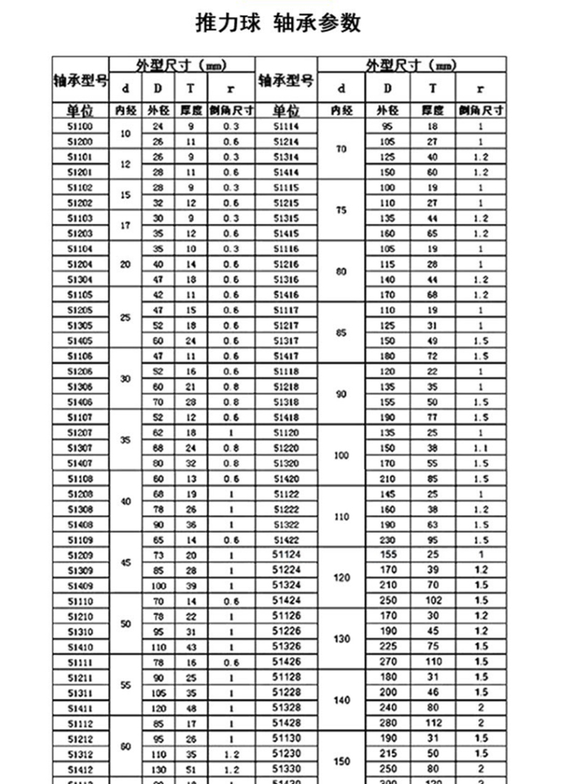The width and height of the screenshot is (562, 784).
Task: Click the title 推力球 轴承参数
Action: pyautogui.click(x=279, y=23)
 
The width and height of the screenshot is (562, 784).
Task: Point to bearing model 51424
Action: pyautogui.click(x=287, y=600)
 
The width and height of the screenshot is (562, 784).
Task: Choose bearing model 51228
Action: pyautogui.click(x=287, y=692)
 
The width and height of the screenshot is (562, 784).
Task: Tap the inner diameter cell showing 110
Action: pyautogui.click(x=341, y=516)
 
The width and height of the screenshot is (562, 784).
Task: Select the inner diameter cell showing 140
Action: pyautogui.click(x=341, y=700)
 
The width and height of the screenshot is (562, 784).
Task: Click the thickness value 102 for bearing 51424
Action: pyautogui.click(x=433, y=600)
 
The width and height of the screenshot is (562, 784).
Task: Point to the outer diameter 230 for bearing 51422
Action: pyautogui.click(x=387, y=540)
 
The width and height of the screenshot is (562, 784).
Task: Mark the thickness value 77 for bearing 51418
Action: pyautogui.click(x=433, y=417)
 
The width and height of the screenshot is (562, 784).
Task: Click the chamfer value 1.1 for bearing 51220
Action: pyautogui.click(x=481, y=448)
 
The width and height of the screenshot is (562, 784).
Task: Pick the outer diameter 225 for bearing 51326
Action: pyautogui.click(x=388, y=647)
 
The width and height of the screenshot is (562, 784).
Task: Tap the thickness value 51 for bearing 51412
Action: pyautogui.click(x=170, y=769)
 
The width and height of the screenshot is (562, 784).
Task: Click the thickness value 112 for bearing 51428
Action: pyautogui.click(x=433, y=723)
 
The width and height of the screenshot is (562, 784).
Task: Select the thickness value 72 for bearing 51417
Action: pyautogui.click(x=433, y=356)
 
